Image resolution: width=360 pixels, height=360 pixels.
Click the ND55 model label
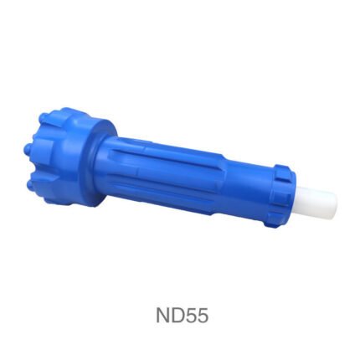(182, 316)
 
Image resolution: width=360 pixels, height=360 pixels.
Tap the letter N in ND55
(162, 316)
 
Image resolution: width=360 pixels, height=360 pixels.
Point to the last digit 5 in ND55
(203, 316)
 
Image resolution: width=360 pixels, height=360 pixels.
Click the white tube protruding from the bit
(316, 203)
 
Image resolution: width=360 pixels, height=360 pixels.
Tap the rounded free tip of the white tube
(336, 203)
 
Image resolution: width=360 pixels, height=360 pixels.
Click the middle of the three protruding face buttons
(28, 147)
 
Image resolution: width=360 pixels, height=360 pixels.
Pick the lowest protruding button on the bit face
(29, 184)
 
